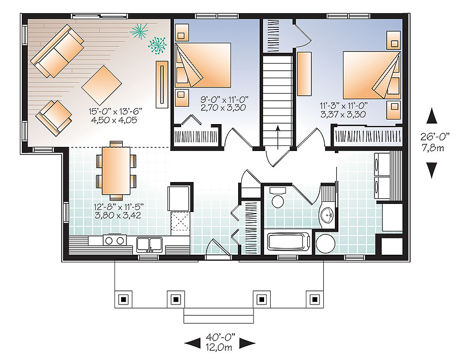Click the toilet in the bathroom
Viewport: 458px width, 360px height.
pyautogui.click(x=278, y=199)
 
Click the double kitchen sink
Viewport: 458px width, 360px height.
pyautogui.click(x=150, y=244)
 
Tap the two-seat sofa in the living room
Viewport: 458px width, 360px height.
pyautogui.click(x=57, y=51)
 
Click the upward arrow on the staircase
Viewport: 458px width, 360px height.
pyautogui.click(x=278, y=134)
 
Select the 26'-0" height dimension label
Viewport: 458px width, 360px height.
pyautogui.click(x=432, y=138)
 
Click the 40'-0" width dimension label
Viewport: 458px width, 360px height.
pyautogui.click(x=219, y=338)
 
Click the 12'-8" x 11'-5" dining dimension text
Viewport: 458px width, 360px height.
pyautogui.click(x=116, y=211)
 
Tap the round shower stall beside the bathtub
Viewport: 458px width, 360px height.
pyautogui.click(x=325, y=244)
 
